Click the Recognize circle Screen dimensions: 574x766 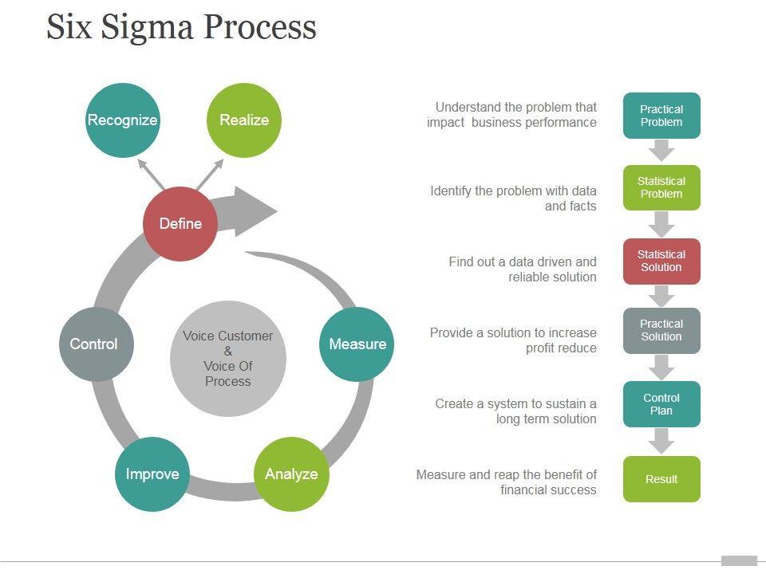coord(122,120)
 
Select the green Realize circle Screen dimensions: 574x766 coord(244,120)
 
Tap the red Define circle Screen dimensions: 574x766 coord(180,223)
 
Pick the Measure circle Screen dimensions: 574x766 coord(357,344)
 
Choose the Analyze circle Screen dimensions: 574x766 coord(291,474)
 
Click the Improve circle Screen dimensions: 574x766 coord(152,474)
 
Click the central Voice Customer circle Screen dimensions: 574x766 coord(228,359)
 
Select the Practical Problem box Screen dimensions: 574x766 coord(661,116)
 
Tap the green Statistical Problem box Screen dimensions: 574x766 coord(661,187)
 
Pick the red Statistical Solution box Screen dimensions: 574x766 coord(661,261)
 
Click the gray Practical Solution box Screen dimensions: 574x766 coord(661,330)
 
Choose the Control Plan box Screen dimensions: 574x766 coord(661,404)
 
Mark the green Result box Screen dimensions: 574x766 coord(661,479)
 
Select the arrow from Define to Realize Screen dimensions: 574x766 coord(211,174)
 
